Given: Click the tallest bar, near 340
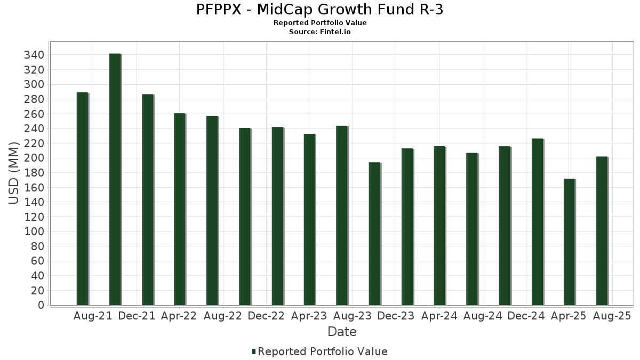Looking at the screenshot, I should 115,179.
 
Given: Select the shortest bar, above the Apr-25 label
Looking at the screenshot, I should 569,242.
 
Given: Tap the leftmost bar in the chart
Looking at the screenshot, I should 82,198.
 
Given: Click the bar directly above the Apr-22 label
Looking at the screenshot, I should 180,209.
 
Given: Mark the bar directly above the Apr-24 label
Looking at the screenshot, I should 439,226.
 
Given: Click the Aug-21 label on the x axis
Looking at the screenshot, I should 93,316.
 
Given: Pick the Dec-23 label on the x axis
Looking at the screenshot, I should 396,316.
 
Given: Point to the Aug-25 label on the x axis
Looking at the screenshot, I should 612,316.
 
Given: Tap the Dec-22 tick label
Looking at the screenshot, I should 266,316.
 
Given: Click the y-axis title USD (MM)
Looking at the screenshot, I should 14,172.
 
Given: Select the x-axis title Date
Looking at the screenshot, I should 342,332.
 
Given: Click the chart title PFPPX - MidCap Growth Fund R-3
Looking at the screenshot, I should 320,10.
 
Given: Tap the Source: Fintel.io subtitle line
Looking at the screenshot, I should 320,31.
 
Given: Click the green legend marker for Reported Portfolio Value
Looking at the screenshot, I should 254,351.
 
